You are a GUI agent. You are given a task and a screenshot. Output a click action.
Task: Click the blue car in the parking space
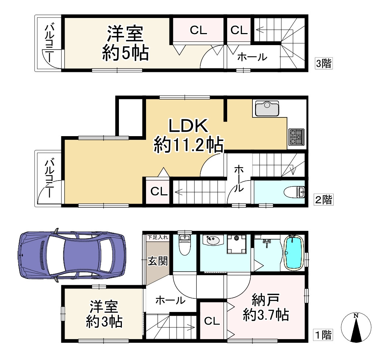pos(72,255)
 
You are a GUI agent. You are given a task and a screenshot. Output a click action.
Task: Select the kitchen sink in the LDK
pos(265,109)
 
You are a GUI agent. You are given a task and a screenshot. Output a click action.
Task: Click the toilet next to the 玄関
pos(184,245)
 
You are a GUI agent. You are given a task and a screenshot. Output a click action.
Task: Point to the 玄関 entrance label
pos(158,261)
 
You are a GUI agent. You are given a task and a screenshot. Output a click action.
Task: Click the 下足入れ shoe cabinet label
pos(158,237)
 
